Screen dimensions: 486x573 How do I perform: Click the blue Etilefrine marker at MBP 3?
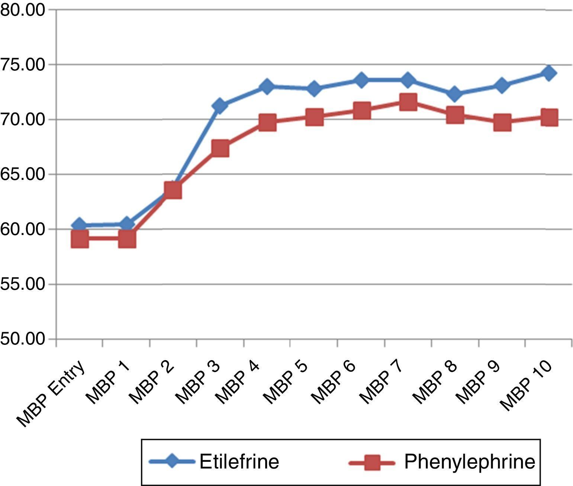pos(220,106)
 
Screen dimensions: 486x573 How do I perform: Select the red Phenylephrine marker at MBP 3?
pos(220,149)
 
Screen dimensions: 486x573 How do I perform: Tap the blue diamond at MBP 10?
pos(549,73)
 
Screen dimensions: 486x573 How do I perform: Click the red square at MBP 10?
pos(549,118)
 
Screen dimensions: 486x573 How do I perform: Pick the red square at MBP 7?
pos(408,102)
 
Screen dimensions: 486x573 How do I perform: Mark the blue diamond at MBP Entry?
pos(79,225)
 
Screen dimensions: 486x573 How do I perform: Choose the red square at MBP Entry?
pos(79,239)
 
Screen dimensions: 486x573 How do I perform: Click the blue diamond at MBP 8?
pos(455,93)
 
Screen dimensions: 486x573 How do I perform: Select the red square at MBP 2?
pos(173,191)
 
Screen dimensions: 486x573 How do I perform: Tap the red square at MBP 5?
pos(314,117)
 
